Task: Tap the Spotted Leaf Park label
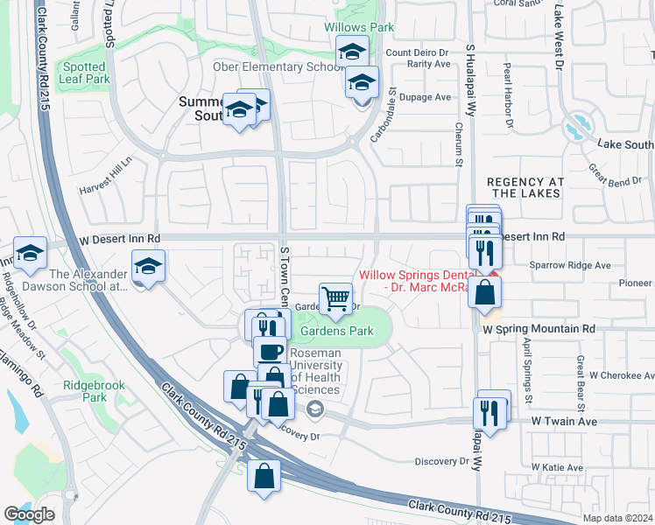click(x=86, y=72)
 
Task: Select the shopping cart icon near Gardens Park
click(x=336, y=299)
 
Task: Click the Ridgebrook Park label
click(x=95, y=391)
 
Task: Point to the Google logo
click(x=29, y=514)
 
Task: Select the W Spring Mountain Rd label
click(x=539, y=328)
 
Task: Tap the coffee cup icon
click(x=270, y=353)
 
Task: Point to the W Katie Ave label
click(x=555, y=468)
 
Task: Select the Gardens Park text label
click(x=337, y=331)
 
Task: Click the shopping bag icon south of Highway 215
click(x=264, y=478)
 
